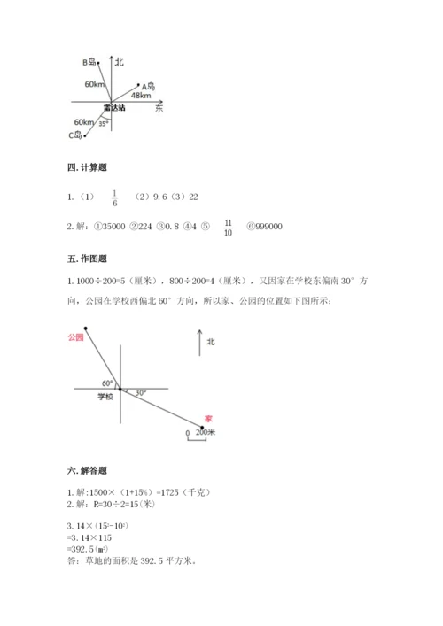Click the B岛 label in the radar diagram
(90, 62)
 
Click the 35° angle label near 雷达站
(104, 123)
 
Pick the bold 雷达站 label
(113, 108)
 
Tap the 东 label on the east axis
(159, 108)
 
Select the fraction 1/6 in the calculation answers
(114, 197)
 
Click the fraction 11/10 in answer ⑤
(229, 228)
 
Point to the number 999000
(265, 228)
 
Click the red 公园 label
(74, 337)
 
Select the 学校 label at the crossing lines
(105, 398)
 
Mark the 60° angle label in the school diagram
(106, 383)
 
